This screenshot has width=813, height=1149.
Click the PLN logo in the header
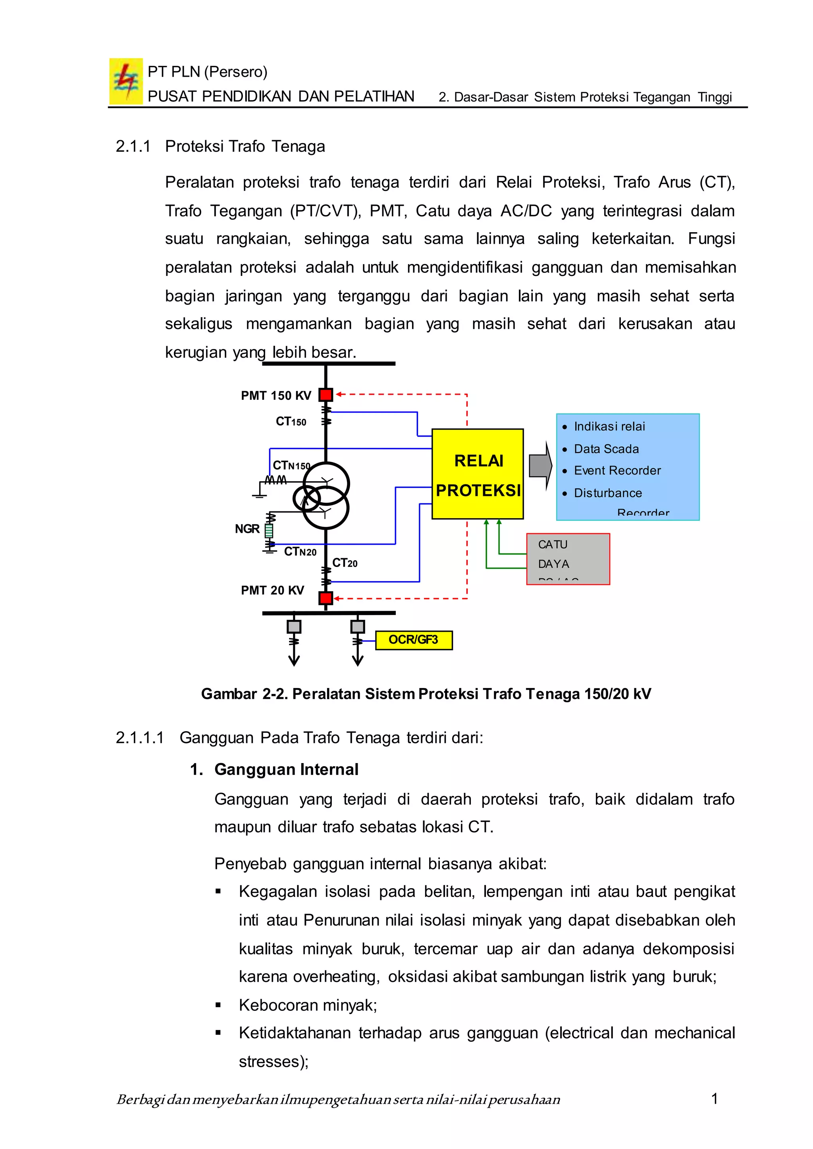pos(126,81)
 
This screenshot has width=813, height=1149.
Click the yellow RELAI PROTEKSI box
pos(478,474)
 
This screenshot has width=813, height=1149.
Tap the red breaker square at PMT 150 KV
pos(326,395)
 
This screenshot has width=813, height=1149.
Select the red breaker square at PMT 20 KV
pos(326,598)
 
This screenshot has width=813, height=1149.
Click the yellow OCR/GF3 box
pos(414,640)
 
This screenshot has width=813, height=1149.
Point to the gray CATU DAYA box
pos(568,559)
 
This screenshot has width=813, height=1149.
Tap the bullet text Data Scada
pos(606,449)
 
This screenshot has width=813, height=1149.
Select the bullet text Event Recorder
pos(617,470)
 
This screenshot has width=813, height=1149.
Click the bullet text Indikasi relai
pos(609,426)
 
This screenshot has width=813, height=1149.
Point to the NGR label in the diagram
pos(247,529)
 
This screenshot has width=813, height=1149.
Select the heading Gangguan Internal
pos(286,769)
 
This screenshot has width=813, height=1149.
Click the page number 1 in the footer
pos(715,1099)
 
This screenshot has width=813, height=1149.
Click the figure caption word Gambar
pos(229,694)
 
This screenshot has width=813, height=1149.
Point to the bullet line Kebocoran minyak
pos(307,1005)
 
